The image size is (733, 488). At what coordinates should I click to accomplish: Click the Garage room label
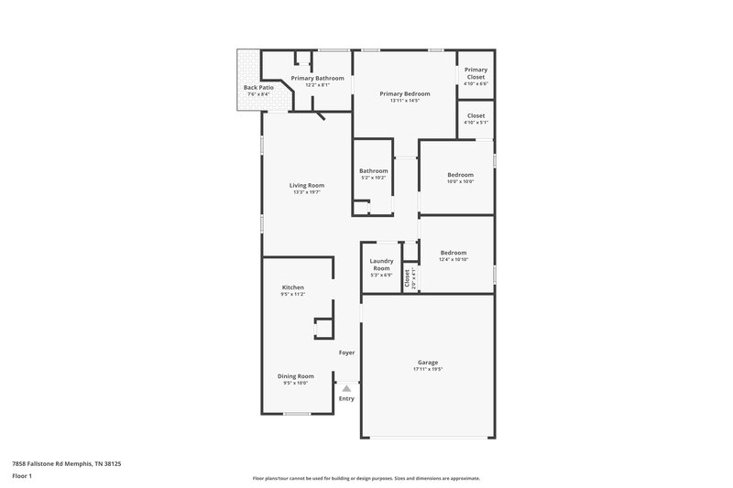[x=428, y=363]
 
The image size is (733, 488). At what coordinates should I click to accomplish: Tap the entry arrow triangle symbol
[x=346, y=388]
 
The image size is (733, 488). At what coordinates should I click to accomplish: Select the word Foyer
[x=346, y=352]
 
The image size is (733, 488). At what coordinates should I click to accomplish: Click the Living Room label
[x=308, y=185]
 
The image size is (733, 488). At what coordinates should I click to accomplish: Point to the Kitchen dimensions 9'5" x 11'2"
[x=292, y=295]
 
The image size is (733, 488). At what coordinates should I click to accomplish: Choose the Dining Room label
[x=296, y=375]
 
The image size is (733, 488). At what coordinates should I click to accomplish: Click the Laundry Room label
[x=380, y=264]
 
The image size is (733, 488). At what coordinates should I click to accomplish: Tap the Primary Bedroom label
[x=404, y=93]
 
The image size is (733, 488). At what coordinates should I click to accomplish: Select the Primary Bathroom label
[x=317, y=79]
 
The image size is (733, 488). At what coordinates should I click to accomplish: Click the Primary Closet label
[x=476, y=73]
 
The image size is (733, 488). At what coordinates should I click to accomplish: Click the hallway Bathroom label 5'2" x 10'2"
[x=373, y=170]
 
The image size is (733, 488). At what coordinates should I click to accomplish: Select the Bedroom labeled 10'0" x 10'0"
[x=460, y=175]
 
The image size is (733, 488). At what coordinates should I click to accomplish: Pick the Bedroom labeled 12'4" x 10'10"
[x=454, y=253]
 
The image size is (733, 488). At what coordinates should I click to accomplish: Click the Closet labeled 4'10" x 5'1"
[x=476, y=115]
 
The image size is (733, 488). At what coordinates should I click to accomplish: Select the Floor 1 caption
[x=22, y=477]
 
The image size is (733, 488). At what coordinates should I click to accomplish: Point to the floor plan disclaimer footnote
[x=366, y=478]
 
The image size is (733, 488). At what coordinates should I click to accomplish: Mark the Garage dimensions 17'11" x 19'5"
[x=428, y=369]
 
